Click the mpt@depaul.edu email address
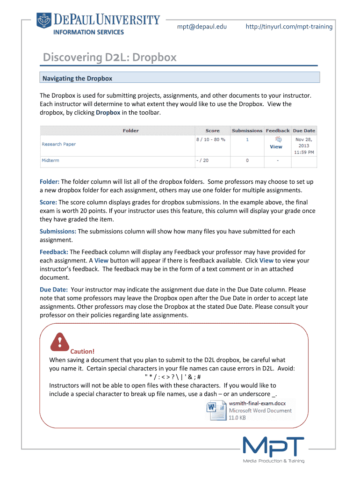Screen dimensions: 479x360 202,27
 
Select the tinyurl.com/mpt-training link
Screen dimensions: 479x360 289,27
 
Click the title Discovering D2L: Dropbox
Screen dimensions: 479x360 110,58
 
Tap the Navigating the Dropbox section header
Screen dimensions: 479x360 77,78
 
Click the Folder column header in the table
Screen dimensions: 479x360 130,131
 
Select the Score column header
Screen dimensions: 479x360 212,131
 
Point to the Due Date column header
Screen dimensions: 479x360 304,131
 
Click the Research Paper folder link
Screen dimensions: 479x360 58,144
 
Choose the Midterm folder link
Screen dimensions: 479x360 50,160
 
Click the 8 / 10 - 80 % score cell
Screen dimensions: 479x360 210,139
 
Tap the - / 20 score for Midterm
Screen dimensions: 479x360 202,160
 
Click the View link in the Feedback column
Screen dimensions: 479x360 276,147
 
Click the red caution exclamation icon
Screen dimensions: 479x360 59,341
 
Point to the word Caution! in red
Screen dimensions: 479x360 82,351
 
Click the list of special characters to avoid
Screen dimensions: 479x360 173,377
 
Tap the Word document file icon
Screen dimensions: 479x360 216,411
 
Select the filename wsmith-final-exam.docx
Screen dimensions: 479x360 257,403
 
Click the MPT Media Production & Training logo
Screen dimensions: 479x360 274,449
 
